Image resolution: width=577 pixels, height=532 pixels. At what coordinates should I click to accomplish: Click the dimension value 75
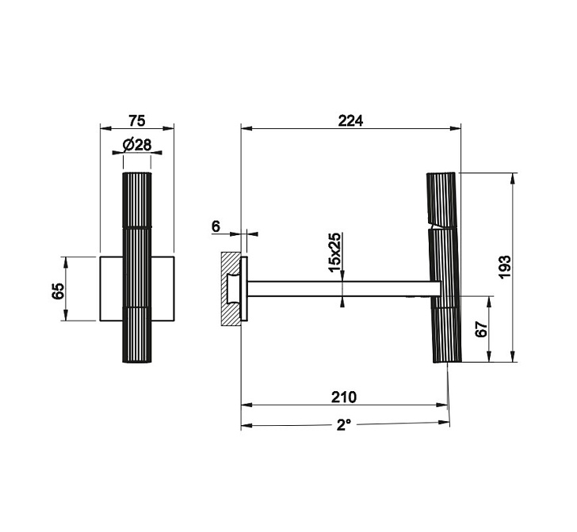137,120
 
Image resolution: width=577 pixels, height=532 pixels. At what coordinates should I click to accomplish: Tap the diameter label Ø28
137,145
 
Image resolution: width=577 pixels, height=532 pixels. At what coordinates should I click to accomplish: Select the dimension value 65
58,291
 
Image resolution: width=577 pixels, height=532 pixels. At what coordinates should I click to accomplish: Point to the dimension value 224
350,120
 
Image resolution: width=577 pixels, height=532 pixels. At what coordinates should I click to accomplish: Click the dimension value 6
216,226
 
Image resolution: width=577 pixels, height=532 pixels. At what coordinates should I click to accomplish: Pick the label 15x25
335,253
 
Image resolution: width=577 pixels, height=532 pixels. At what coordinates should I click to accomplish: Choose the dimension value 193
505,268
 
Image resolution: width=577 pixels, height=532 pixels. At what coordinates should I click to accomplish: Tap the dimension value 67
481,329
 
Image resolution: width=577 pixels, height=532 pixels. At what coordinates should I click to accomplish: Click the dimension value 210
344,397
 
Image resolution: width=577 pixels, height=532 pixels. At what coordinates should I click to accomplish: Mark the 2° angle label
343,425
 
